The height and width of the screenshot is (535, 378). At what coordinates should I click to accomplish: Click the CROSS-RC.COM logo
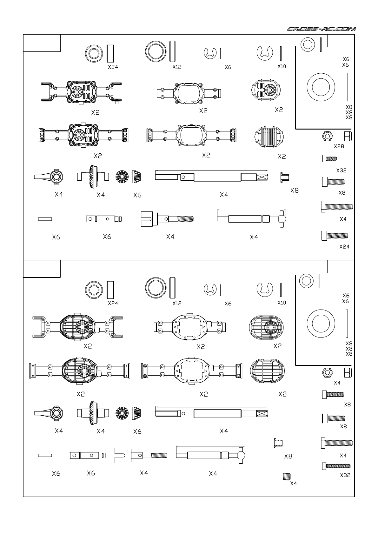coord(321,29)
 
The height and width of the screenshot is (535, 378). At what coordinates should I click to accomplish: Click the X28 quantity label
coord(339,146)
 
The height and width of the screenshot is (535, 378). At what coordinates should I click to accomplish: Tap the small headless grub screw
coord(287,476)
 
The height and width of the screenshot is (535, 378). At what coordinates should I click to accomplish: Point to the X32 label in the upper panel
coord(341,171)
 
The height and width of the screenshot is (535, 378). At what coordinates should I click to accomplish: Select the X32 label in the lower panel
coord(345,475)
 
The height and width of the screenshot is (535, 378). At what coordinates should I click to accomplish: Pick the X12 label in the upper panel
coord(177,67)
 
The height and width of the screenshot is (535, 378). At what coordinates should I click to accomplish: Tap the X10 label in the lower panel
coord(282,303)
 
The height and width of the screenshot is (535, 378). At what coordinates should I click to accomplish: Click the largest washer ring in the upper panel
coord(321,88)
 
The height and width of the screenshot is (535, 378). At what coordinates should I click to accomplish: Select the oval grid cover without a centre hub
coord(267,371)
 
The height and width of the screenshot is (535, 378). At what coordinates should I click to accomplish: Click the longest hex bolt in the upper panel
coord(337,206)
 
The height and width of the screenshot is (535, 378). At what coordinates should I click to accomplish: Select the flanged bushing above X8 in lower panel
coord(278,443)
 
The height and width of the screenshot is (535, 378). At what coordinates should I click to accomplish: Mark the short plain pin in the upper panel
coord(45,219)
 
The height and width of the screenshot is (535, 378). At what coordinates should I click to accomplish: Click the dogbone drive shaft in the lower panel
coord(211,455)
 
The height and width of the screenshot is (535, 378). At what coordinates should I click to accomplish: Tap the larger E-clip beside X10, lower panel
coord(265,289)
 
